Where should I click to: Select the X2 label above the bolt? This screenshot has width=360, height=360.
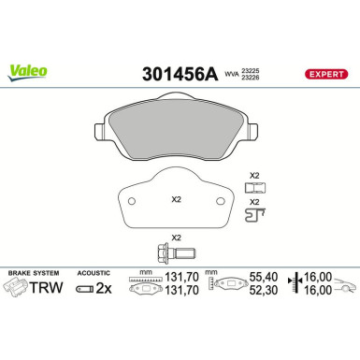click(175, 238)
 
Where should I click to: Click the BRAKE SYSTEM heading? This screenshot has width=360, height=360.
click(30, 272)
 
